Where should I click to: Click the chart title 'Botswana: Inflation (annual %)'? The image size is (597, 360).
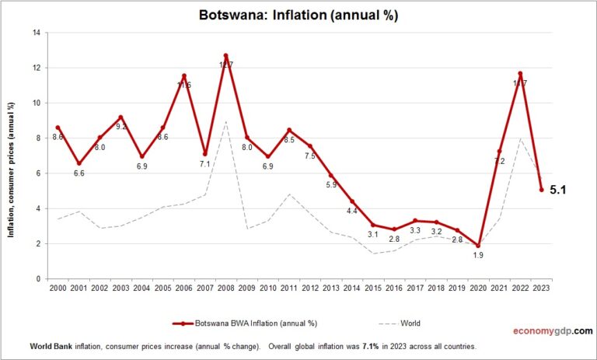[298, 15]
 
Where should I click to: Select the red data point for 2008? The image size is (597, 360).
[225, 56]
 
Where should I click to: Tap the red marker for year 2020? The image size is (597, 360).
[477, 245]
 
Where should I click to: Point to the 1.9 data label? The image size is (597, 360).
[477, 255]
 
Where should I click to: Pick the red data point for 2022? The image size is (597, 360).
[520, 74]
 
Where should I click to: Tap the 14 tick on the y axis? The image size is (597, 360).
[36, 33]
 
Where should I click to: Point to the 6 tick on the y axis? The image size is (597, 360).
[38, 173]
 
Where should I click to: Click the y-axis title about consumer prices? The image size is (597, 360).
[12, 156]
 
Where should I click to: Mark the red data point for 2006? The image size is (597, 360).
[183, 75]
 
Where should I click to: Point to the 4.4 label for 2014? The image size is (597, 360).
[351, 211]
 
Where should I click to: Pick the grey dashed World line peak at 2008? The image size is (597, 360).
[225, 121]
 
